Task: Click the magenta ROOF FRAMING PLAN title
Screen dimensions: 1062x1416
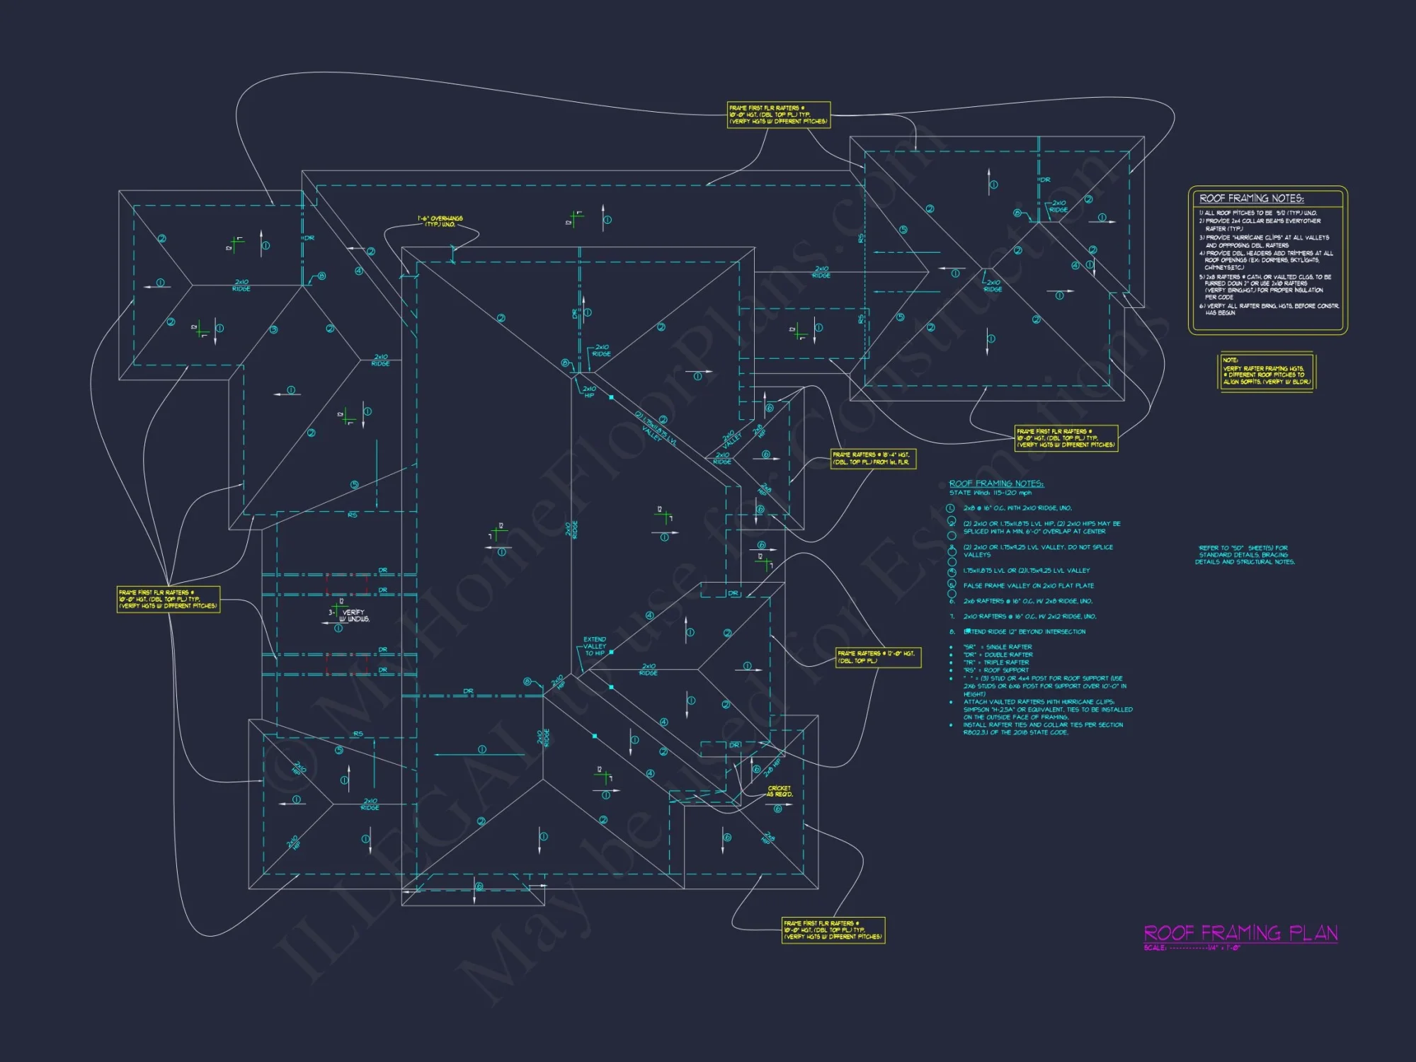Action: point(1240,932)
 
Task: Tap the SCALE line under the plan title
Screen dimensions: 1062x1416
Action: point(1192,948)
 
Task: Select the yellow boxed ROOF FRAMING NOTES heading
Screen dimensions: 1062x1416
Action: point(1251,198)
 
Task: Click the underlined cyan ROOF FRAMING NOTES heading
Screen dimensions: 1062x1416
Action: point(996,484)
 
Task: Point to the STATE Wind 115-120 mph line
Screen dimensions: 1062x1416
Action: point(990,493)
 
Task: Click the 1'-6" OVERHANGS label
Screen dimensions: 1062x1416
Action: point(440,221)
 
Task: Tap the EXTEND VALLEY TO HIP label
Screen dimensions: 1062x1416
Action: point(595,646)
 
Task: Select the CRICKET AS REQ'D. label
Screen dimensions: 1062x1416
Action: point(780,791)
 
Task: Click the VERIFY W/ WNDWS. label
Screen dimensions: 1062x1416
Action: point(353,615)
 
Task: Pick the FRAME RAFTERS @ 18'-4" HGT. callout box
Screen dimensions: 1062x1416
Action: point(874,458)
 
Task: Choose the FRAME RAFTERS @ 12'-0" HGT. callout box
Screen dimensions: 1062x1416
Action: point(878,657)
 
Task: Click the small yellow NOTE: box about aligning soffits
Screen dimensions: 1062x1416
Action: point(1266,371)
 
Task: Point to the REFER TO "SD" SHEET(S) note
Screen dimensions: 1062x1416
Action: point(1245,554)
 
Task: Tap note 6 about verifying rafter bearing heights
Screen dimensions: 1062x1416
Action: point(1268,309)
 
